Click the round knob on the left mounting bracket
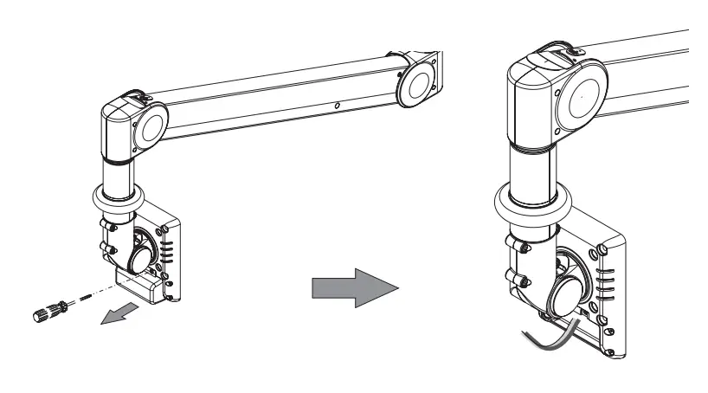140,257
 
